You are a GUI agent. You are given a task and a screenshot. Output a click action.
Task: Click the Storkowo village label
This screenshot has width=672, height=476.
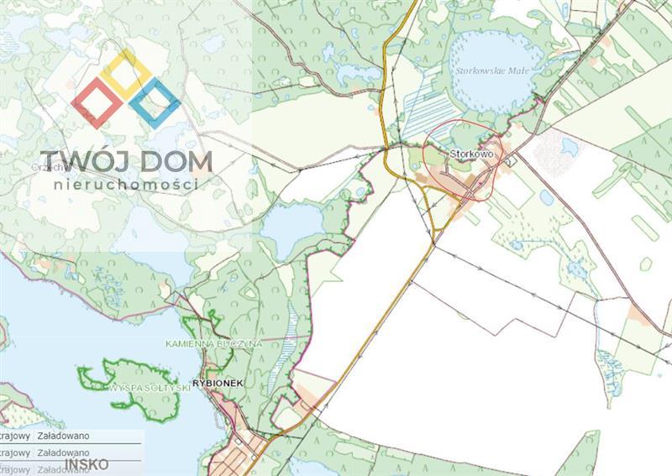(x=470, y=154)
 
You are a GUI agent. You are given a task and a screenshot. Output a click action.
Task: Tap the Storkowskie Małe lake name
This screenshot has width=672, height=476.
(x=480, y=72)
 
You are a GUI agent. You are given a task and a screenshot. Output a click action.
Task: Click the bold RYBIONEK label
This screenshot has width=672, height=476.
(x=216, y=383)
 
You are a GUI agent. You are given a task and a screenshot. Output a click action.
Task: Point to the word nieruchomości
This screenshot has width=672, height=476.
(x=126, y=184)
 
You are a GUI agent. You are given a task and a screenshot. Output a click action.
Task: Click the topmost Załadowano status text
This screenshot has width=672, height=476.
(x=64, y=437)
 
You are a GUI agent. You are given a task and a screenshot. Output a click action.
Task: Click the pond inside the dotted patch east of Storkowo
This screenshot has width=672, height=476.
(x=570, y=147)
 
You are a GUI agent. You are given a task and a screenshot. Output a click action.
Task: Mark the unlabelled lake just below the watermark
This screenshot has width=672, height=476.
(x=291, y=228)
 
